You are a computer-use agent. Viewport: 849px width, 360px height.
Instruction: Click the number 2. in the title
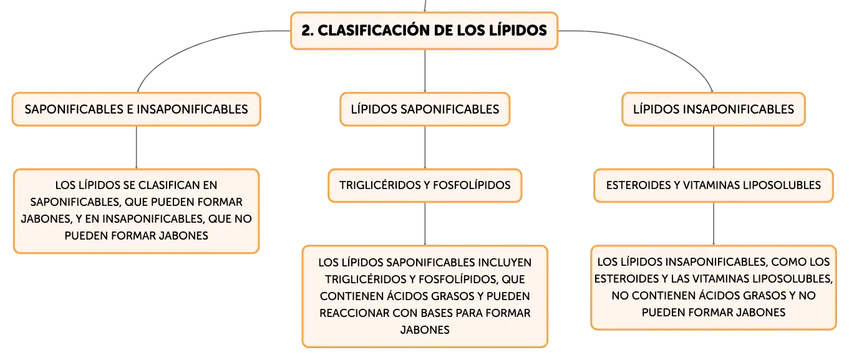pyautogui.click(x=308, y=31)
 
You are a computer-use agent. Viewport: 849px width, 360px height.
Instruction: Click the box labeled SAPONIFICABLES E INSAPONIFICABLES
pyautogui.click(x=137, y=109)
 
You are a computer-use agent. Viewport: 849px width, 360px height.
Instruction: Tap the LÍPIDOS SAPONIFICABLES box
pyautogui.click(x=425, y=109)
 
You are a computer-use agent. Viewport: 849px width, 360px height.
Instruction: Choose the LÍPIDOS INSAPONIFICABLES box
pyautogui.click(x=713, y=109)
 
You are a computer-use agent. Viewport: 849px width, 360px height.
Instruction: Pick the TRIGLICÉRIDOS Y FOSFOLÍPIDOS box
pyautogui.click(x=425, y=185)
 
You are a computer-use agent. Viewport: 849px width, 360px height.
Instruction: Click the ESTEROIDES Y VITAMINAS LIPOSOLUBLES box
pyautogui.click(x=713, y=185)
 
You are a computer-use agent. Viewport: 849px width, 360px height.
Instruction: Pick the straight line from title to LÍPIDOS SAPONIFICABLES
pyautogui.click(x=425, y=71)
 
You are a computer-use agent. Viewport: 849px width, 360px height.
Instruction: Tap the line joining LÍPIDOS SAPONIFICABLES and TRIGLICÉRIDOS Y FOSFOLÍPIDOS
pyautogui.click(x=425, y=147)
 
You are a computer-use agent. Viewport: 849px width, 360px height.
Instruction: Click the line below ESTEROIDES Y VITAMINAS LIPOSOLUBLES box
pyautogui.click(x=713, y=223)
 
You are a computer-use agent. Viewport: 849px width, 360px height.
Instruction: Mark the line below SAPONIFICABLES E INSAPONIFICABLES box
pyautogui.click(x=137, y=147)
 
